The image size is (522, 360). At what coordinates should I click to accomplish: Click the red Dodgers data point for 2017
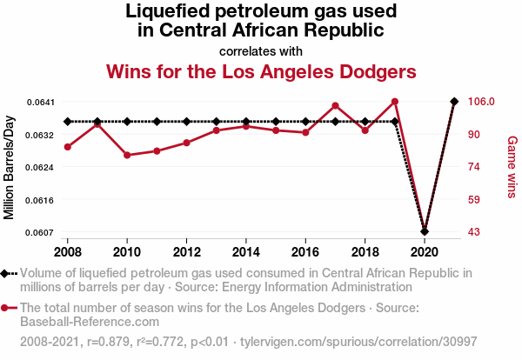335,106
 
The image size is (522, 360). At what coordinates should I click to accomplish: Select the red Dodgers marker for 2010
127,155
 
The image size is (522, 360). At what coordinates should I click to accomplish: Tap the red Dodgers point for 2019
394,102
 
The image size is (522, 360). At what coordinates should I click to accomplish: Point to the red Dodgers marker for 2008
68,147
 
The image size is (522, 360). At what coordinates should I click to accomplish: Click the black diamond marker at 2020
424,231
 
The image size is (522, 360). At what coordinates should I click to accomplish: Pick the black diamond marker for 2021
453,102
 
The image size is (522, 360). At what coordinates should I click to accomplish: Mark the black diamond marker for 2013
217,122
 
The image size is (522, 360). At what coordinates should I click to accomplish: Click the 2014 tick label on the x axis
246,251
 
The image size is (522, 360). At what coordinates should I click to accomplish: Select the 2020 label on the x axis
424,251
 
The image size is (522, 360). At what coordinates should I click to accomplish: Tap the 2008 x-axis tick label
68,251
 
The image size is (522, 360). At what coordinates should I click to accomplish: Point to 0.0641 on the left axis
40,102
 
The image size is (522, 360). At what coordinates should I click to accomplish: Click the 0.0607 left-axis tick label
40,232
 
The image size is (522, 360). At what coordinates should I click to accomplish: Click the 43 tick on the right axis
474,232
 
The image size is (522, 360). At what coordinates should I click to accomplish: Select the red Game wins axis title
512,166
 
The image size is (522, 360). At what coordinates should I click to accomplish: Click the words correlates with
261,50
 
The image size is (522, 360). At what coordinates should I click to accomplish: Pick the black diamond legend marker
9,273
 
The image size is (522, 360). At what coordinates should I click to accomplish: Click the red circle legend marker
9,308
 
